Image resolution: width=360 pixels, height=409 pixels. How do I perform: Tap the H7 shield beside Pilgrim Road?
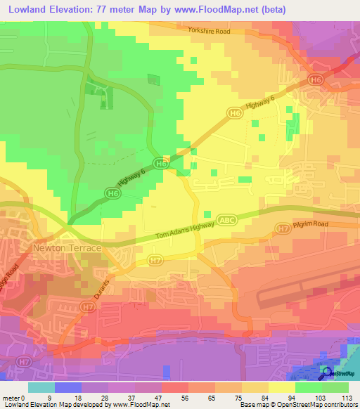click(283, 229)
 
